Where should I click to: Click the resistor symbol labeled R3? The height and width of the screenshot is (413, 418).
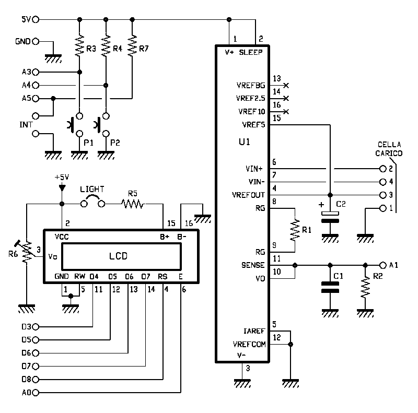79,46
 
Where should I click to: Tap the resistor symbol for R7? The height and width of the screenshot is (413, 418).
132,46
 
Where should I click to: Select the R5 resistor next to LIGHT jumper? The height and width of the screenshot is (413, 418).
133,204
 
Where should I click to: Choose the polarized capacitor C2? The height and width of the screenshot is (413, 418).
330,217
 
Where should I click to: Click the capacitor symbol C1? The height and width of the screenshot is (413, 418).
330,287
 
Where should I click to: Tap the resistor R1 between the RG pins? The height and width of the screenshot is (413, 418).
295,230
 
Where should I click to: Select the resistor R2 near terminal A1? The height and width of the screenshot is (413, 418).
365,287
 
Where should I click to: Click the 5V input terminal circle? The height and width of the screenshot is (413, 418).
36,19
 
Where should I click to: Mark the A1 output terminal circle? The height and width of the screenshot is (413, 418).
383,265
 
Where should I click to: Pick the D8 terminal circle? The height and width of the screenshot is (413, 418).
36,380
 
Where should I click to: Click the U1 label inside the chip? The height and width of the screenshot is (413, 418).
244,141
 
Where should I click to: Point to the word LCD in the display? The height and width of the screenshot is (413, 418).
119,256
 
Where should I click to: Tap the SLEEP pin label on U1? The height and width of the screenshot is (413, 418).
251,52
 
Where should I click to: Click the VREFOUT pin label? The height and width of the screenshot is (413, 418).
248,195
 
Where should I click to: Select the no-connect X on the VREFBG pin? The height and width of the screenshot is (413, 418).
286,86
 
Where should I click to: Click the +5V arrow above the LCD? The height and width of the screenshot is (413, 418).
62,188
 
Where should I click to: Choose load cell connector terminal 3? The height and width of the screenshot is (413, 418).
383,195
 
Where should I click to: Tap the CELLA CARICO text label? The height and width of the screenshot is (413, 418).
389,149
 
